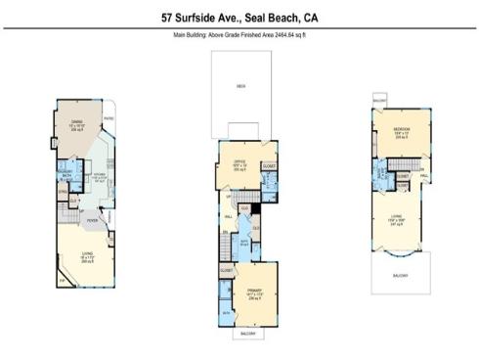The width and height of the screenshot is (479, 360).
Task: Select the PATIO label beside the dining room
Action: tap(110, 120)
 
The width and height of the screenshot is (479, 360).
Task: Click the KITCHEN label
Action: tap(99, 173)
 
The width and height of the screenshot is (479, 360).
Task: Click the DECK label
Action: tap(240, 86)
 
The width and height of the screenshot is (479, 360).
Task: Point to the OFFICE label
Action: tap(239, 160)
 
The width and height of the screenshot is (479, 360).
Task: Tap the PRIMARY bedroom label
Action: tap(254, 291)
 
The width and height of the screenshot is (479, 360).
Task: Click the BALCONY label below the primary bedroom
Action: tap(248, 334)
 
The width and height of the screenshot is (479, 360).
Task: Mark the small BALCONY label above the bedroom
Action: tap(379, 100)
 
